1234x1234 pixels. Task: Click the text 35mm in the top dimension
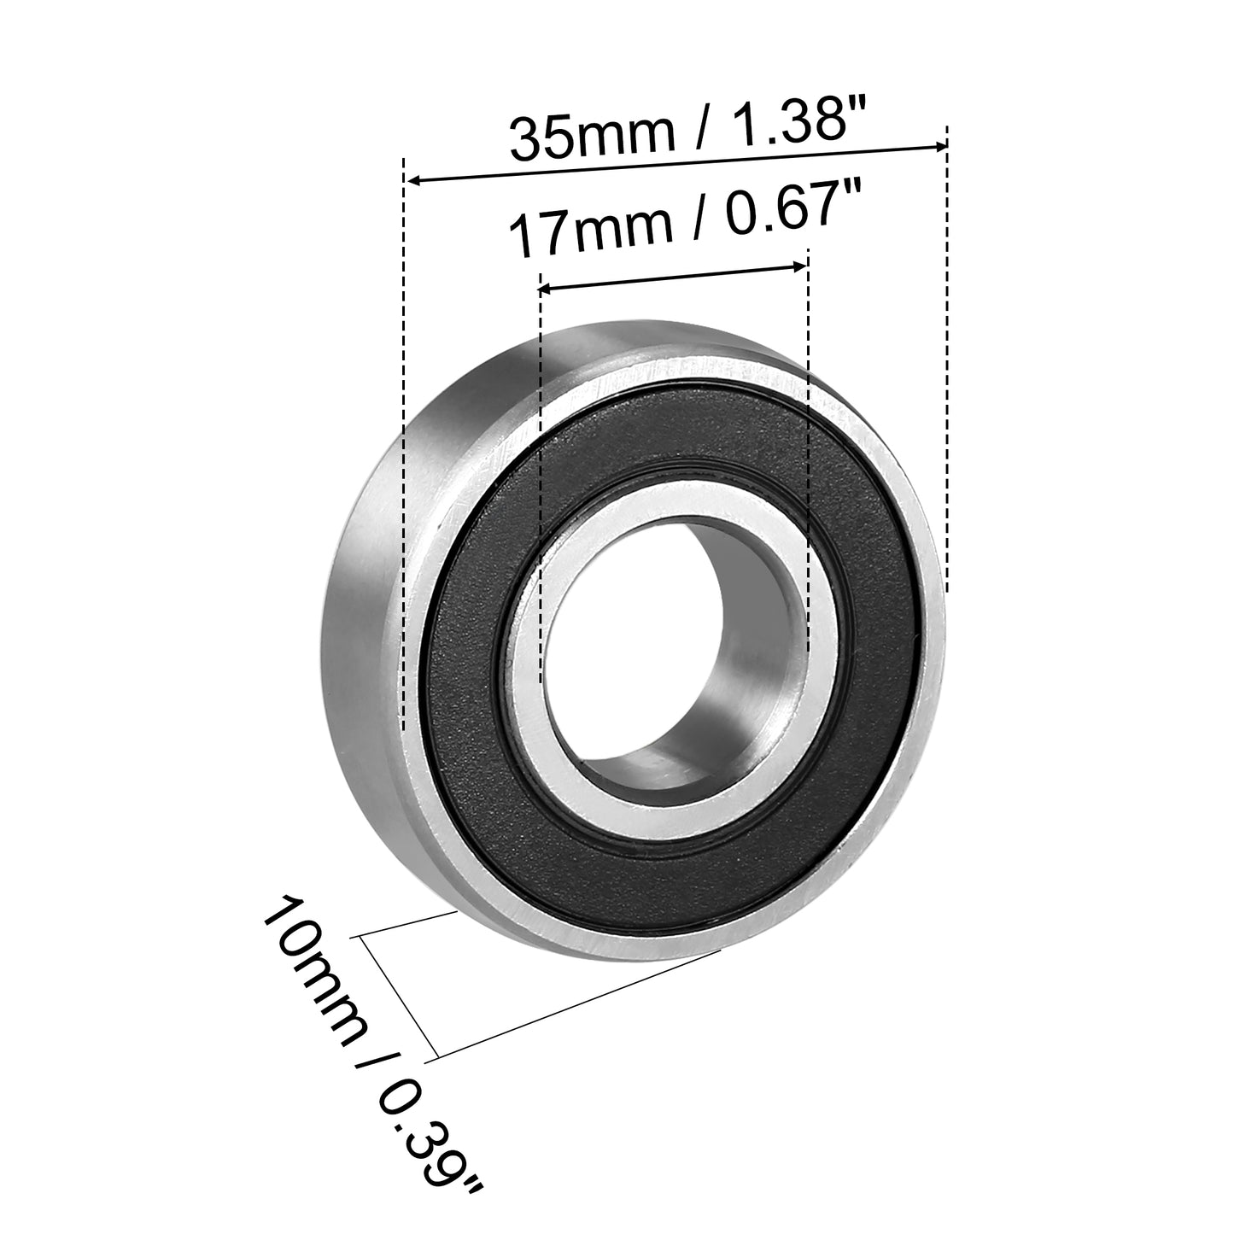click(592, 136)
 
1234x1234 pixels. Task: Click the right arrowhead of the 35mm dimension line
click(939, 147)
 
